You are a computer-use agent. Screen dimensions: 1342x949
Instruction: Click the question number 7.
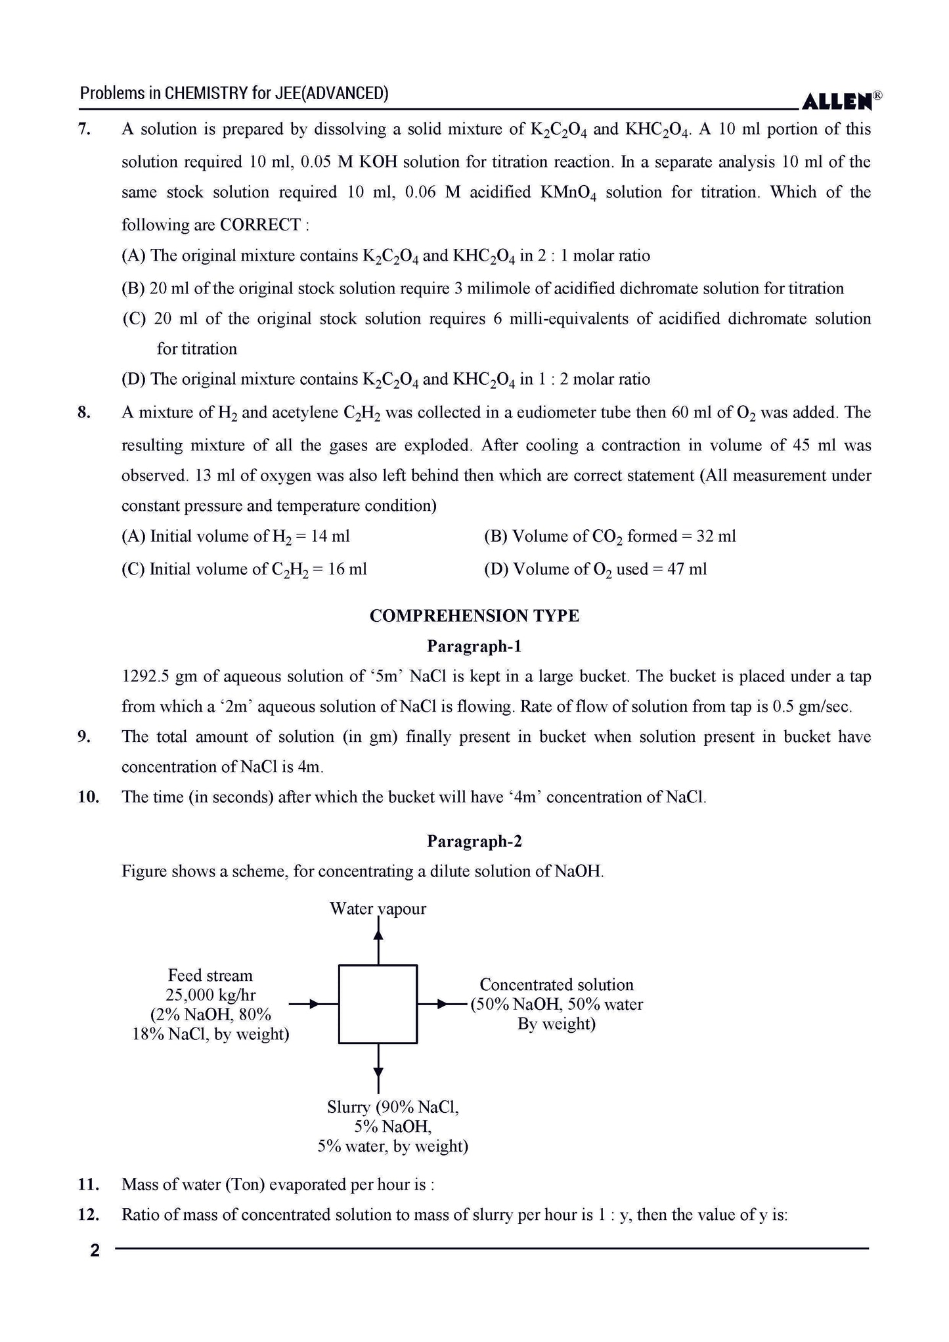click(x=84, y=129)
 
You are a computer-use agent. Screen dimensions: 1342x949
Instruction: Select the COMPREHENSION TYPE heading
click(x=474, y=616)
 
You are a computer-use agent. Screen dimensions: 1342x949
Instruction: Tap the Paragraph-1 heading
click(x=474, y=647)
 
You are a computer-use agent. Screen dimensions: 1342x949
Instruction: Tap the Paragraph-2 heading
click(x=474, y=842)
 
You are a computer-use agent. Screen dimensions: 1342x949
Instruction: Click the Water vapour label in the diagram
click(x=378, y=909)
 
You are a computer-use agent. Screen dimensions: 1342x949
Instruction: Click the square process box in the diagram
click(x=378, y=1004)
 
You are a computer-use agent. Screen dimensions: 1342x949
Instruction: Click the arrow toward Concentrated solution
click(x=443, y=1004)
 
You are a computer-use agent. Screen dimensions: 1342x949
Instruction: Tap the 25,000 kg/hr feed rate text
click(x=210, y=995)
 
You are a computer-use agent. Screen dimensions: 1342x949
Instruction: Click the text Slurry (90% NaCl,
click(x=393, y=1107)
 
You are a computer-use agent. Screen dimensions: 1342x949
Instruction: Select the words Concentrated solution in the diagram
click(x=556, y=985)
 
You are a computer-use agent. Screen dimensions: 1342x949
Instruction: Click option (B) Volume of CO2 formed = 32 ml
click(x=609, y=536)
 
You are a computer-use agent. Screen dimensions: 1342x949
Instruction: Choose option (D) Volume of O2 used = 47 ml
click(x=595, y=569)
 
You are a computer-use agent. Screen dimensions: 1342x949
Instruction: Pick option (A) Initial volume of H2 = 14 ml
click(x=235, y=536)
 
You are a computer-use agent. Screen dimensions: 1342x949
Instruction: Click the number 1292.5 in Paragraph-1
click(x=145, y=677)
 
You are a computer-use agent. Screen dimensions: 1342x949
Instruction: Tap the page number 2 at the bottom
click(x=95, y=1251)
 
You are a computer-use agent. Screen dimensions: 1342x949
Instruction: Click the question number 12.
click(x=88, y=1215)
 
